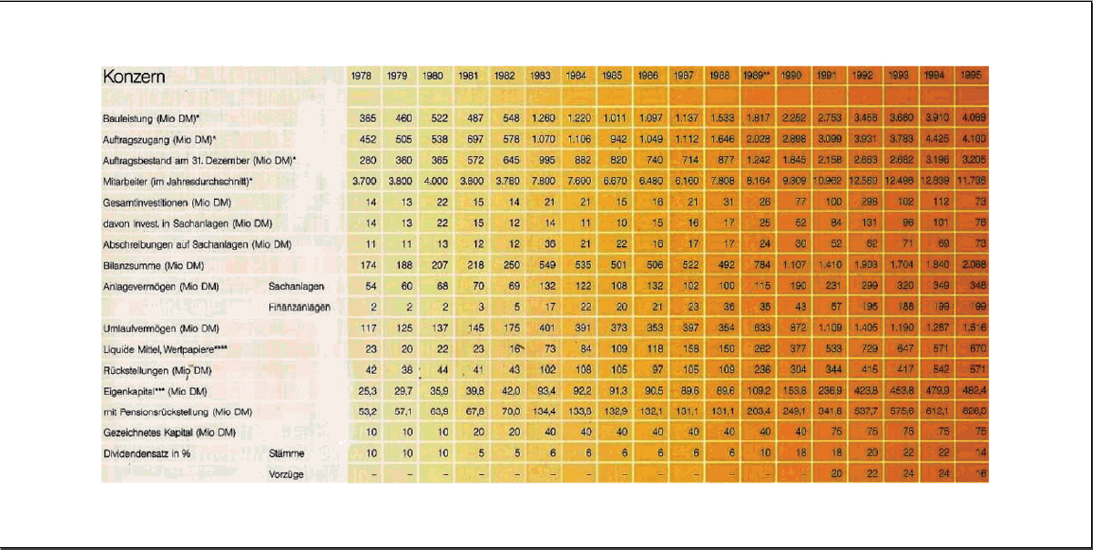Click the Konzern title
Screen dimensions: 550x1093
(x=134, y=78)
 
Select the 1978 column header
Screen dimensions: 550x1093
(x=361, y=75)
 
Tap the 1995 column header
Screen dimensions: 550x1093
(x=969, y=75)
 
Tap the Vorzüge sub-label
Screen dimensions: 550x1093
(x=286, y=474)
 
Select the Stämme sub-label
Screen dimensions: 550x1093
(x=286, y=453)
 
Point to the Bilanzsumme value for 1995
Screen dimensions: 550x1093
(x=970, y=265)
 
